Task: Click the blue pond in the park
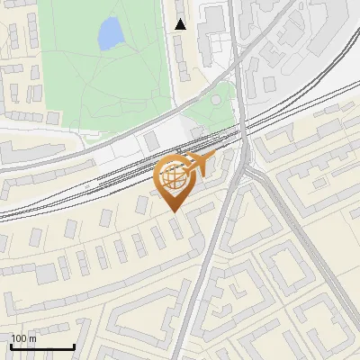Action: tap(110, 35)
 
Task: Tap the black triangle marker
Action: tap(181, 24)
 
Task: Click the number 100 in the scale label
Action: tap(19, 338)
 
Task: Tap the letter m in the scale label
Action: tap(32, 338)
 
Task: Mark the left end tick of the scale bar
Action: tap(11, 346)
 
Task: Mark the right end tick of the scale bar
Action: tap(74, 346)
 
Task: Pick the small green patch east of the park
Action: tap(216, 112)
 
